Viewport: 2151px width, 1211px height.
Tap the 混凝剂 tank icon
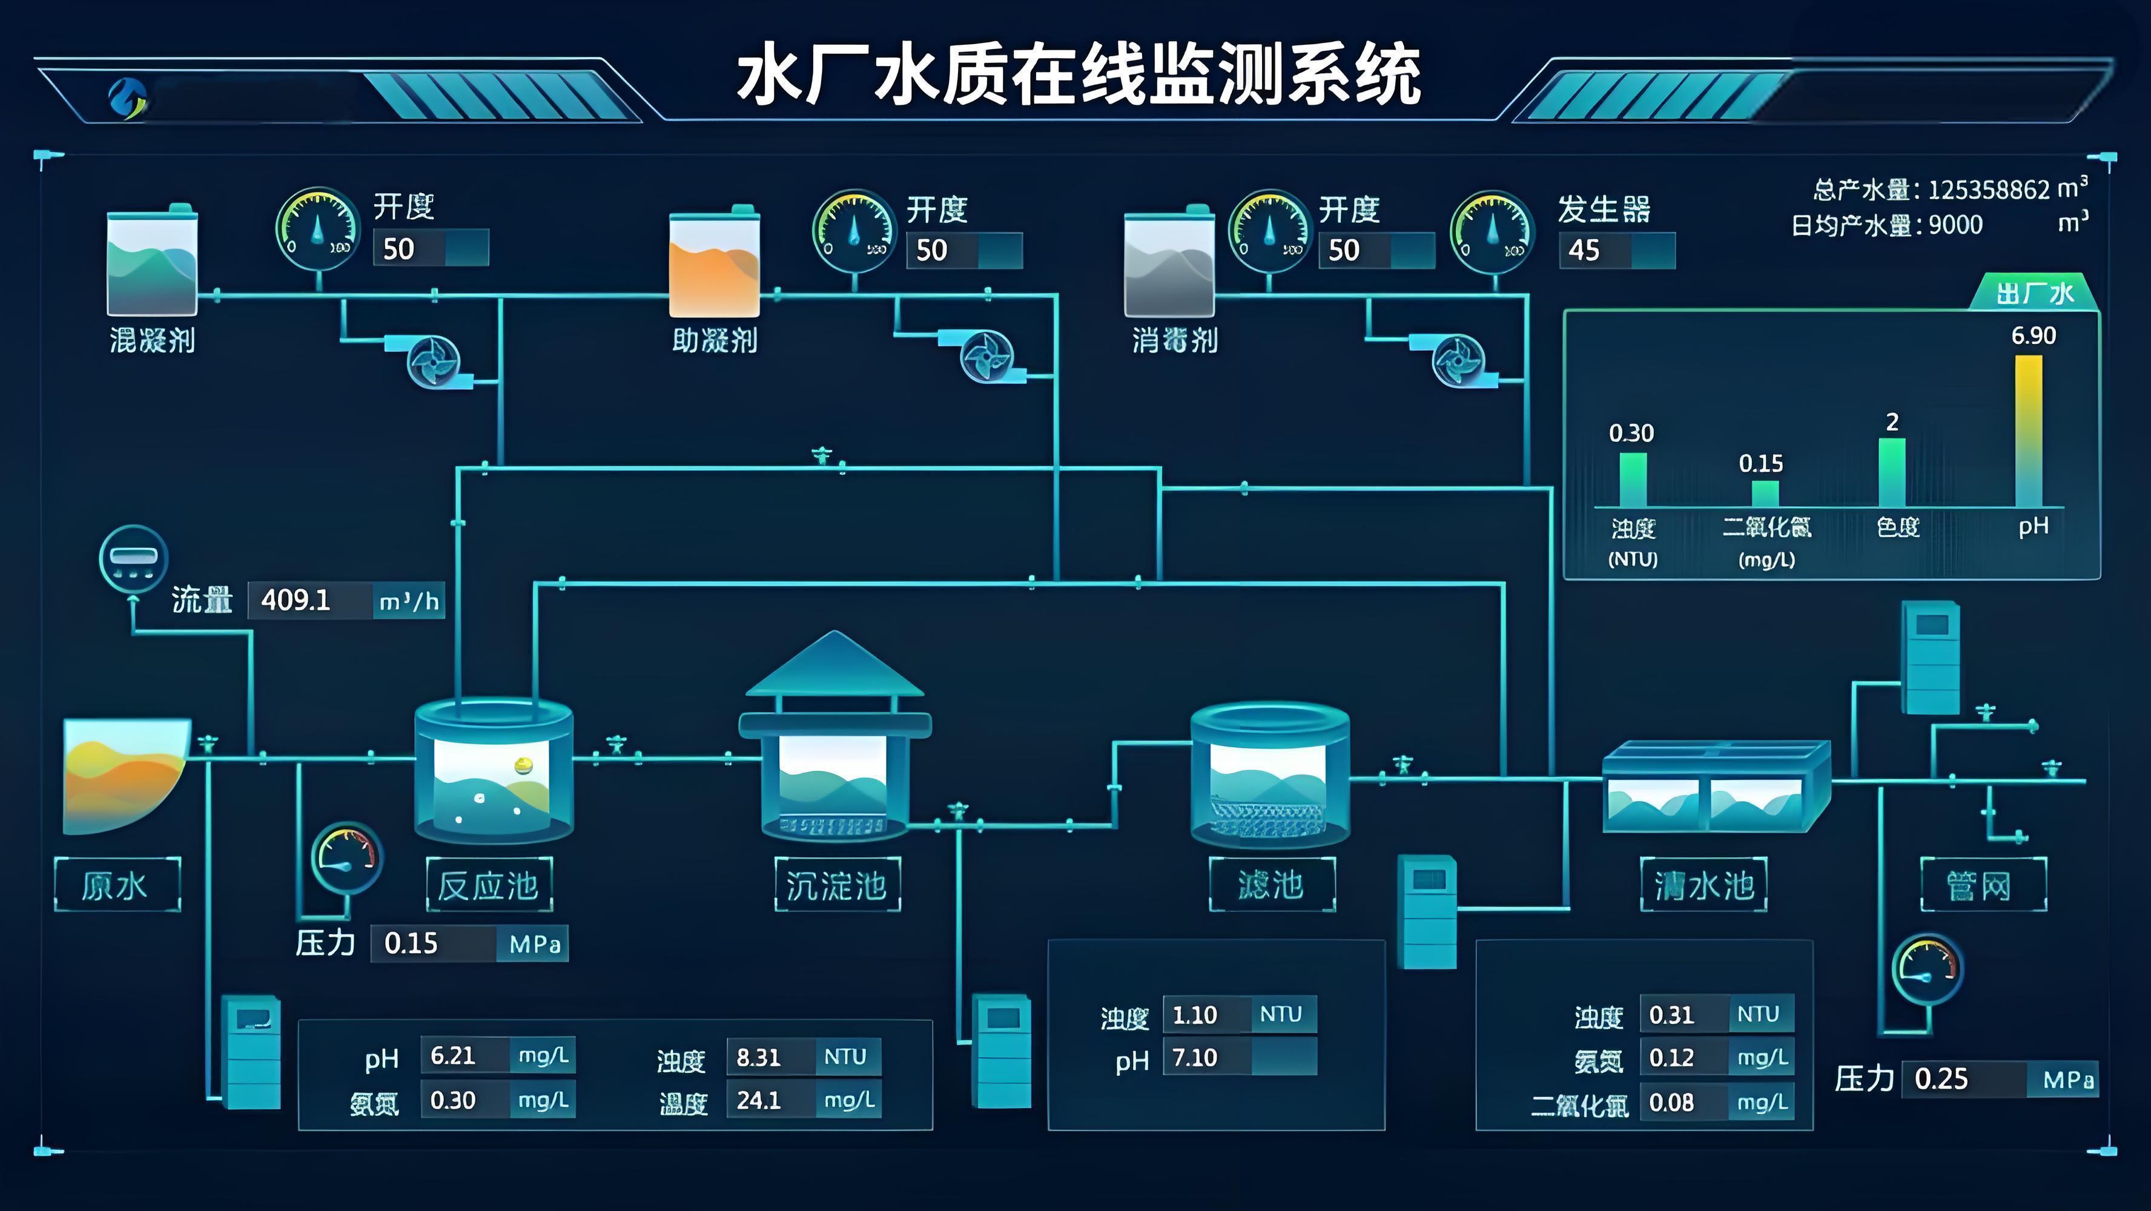click(152, 263)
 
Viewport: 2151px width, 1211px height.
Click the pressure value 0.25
click(1941, 1079)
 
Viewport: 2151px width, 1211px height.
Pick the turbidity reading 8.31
click(758, 1057)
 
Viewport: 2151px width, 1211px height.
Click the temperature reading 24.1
click(758, 1101)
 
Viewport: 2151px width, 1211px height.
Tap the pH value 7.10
click(1195, 1058)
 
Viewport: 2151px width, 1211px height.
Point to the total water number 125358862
click(1989, 190)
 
